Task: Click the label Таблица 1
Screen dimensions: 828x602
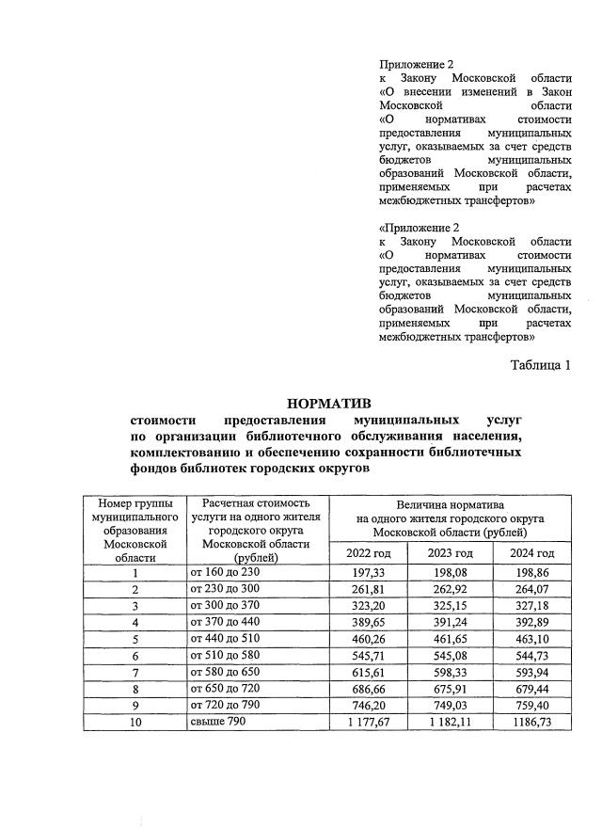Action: [541, 365]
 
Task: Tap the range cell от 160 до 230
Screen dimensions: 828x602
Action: [225, 572]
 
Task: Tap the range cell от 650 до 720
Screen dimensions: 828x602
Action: [225, 689]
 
